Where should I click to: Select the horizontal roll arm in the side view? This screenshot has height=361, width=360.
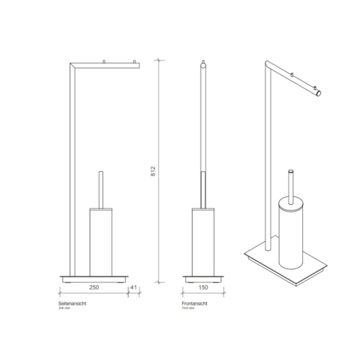(x=108, y=64)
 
